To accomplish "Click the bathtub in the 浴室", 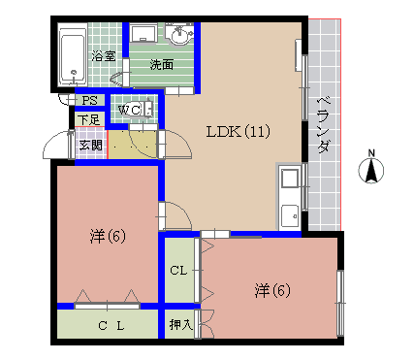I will pos(73,54).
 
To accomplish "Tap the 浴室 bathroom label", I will pos(104,56).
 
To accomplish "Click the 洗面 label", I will pos(161,65).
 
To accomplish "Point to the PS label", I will pos(89,101).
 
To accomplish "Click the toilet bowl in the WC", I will pos(145,110).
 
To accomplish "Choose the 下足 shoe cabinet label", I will pos(89,119).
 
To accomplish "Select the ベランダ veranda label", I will pos(323,125).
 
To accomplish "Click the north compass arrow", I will pos(369,172).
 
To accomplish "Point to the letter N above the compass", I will pos(369,151).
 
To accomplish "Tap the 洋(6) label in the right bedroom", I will pos(273,289).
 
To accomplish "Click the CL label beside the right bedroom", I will pos(179,271).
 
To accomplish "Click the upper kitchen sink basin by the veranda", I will pos(289,179).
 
